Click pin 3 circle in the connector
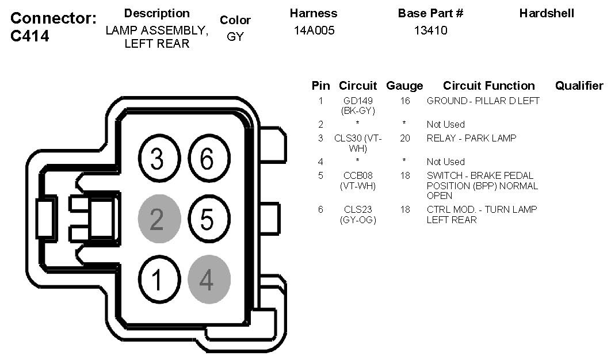pyautogui.click(x=157, y=159)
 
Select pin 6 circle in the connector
pyautogui.click(x=207, y=159)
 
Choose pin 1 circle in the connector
pyautogui.click(x=157, y=280)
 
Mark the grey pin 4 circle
pyautogui.click(x=209, y=280)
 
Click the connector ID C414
pyautogui.click(x=29, y=37)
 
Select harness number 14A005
pyautogui.click(x=314, y=30)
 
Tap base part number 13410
pyautogui.click(x=430, y=30)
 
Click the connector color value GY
pyautogui.click(x=235, y=37)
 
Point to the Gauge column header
pyautogui.click(x=404, y=86)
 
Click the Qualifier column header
pyautogui.click(x=579, y=86)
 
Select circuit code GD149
pyautogui.click(x=357, y=101)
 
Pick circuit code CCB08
pyautogui.click(x=358, y=175)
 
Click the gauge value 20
pyautogui.click(x=405, y=138)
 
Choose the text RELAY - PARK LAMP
pyautogui.click(x=471, y=138)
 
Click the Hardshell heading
pyautogui.click(x=547, y=13)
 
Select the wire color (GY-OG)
pyautogui.click(x=358, y=220)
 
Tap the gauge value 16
pyautogui.click(x=405, y=101)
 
